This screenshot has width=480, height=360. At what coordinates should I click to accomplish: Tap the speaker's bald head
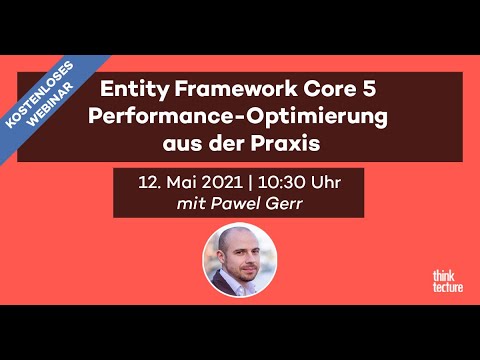239,237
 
